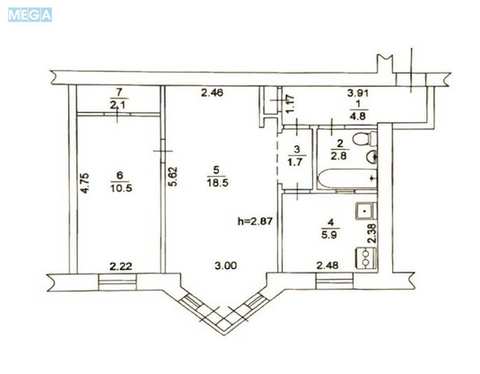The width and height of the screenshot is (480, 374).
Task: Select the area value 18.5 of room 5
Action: [212, 181]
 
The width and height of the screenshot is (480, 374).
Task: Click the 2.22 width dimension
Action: [121, 265]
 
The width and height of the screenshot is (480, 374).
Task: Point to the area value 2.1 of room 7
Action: [118, 105]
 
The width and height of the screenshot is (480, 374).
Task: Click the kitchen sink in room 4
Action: [366, 214]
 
